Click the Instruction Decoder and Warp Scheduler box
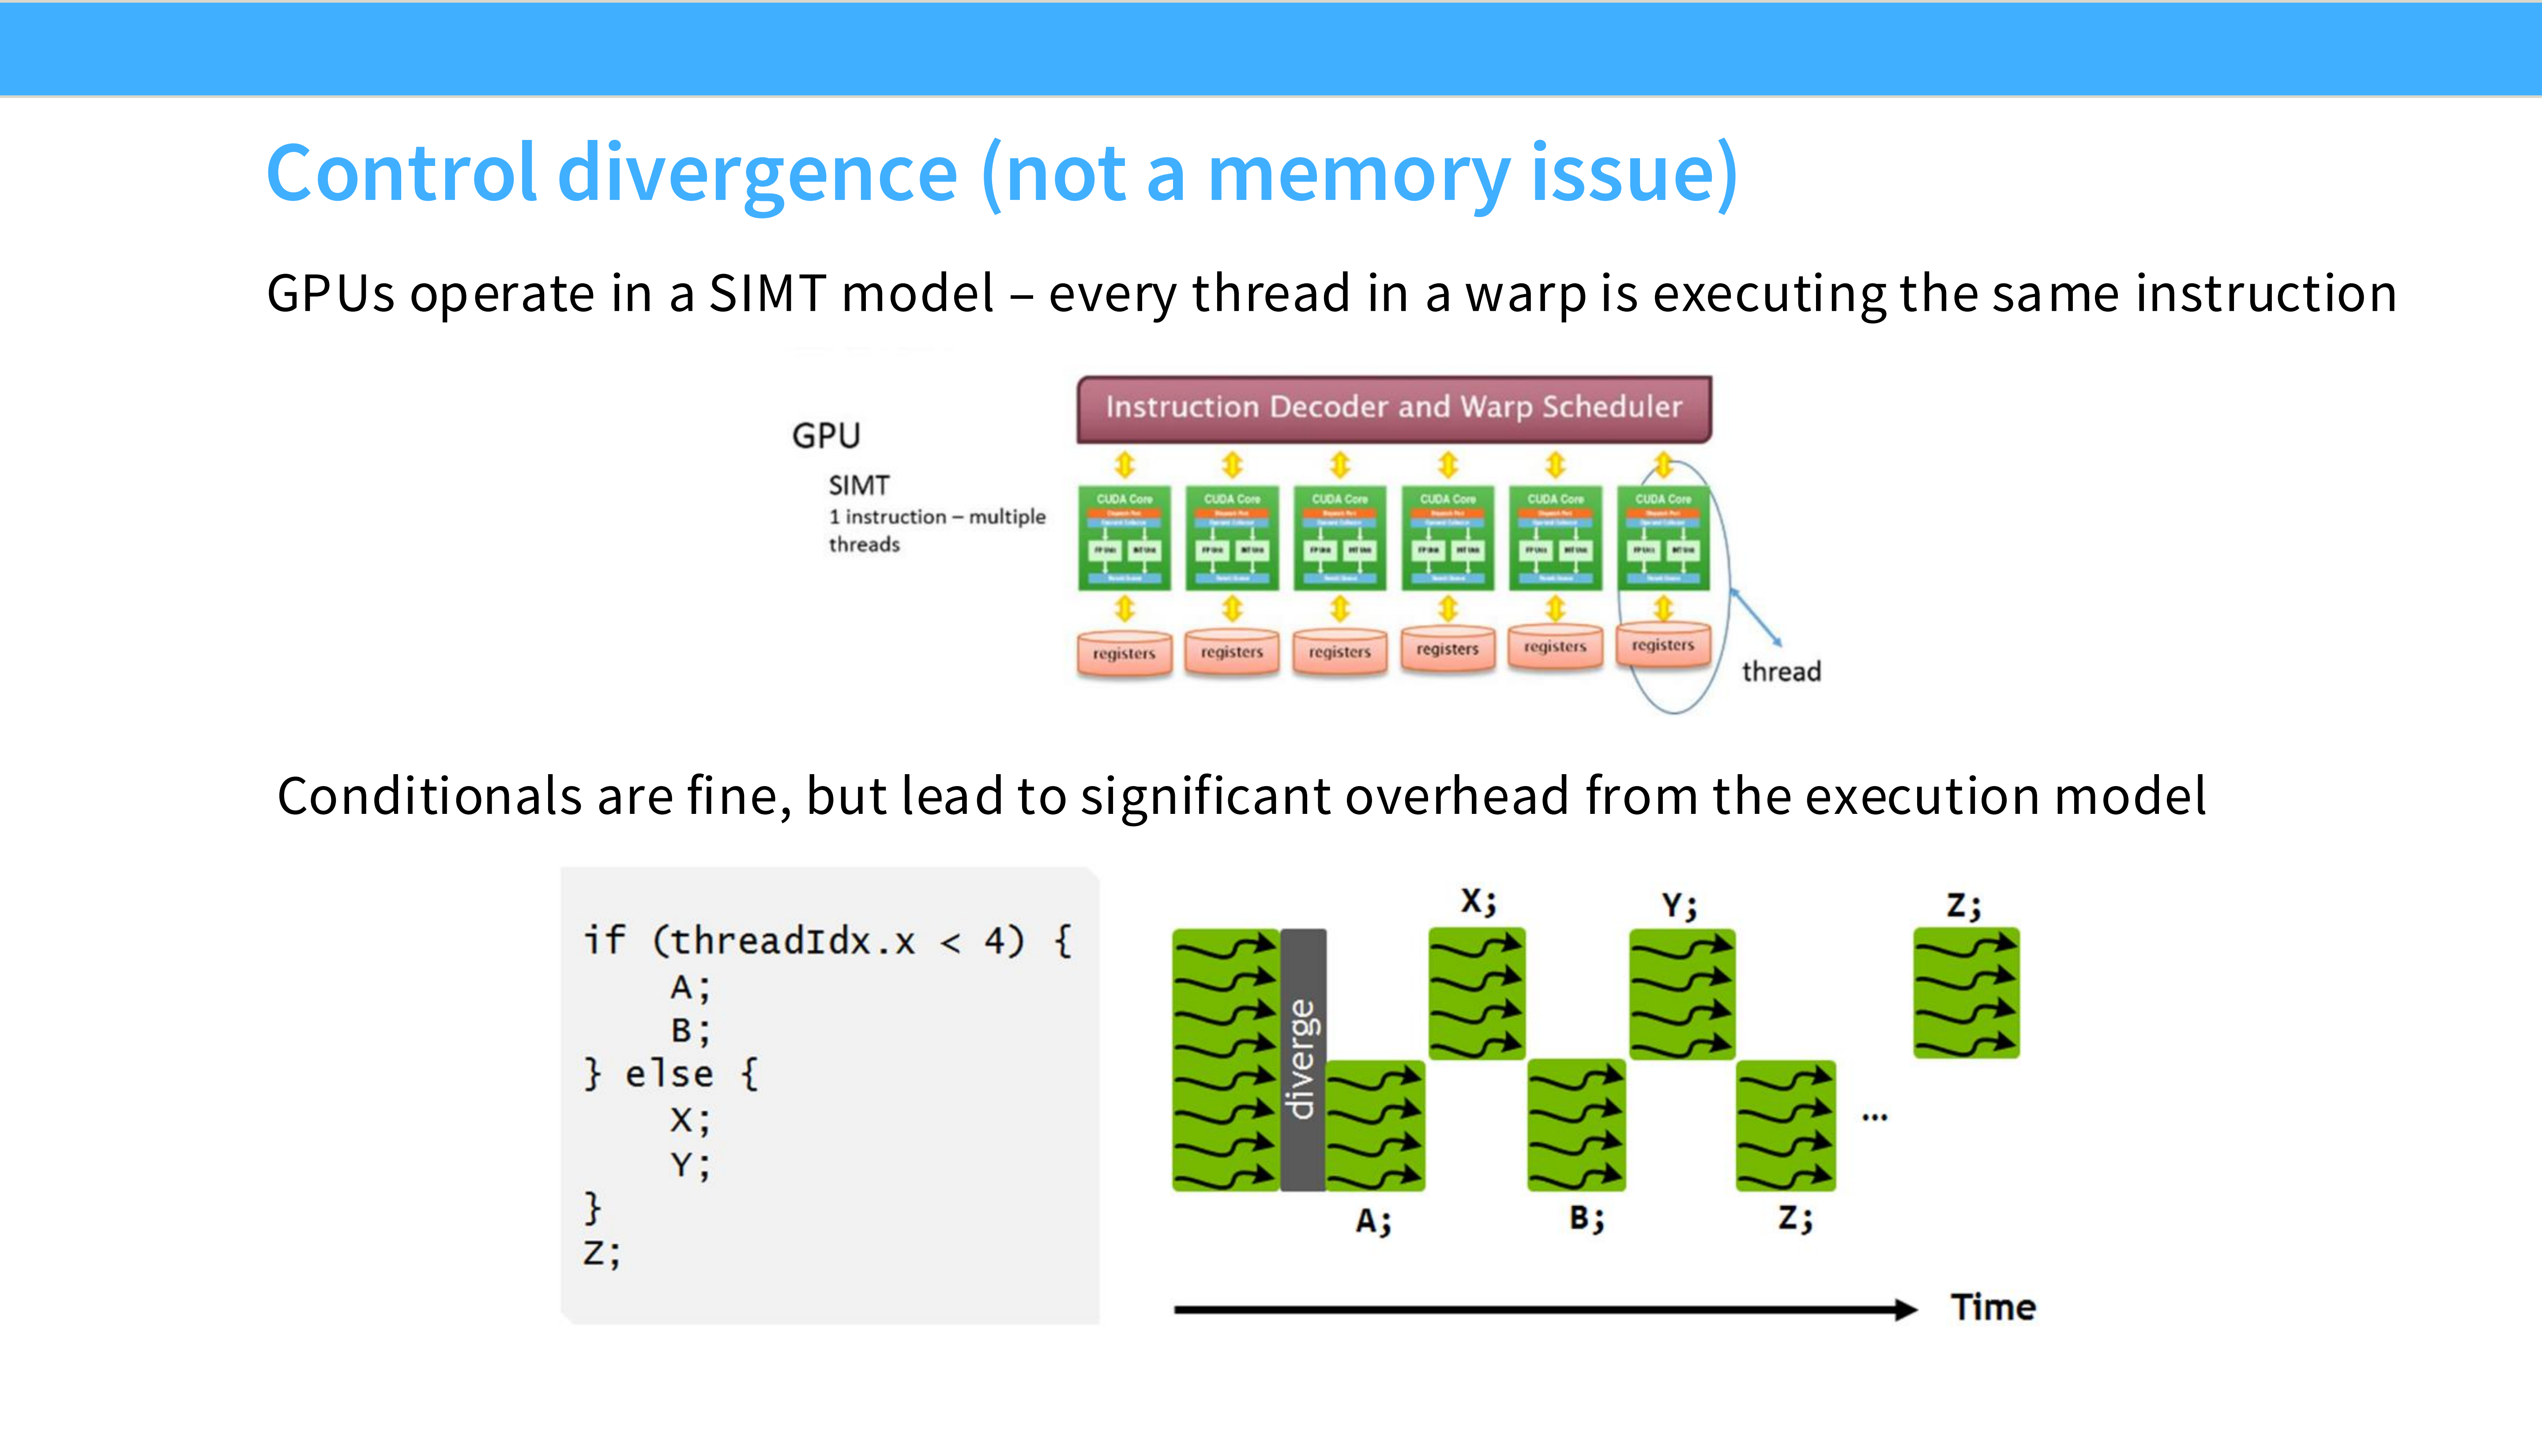point(1393,407)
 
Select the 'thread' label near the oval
point(1781,672)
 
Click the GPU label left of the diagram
point(826,435)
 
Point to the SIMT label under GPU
point(858,485)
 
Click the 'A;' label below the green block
point(1373,1222)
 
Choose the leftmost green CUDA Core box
point(1124,538)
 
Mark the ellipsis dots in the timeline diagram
point(1874,1117)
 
